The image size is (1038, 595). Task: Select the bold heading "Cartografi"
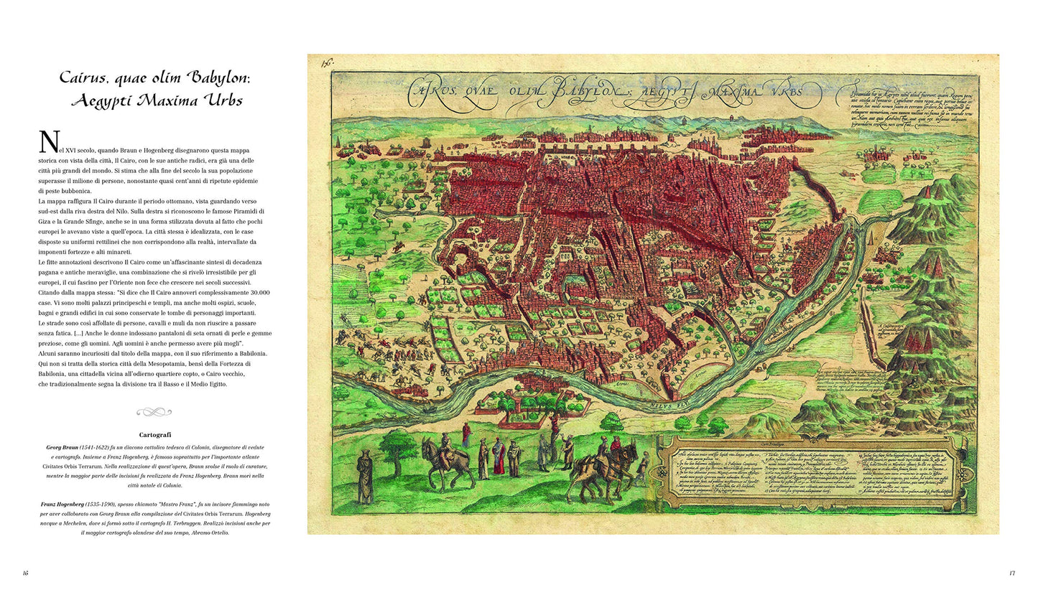[x=155, y=435]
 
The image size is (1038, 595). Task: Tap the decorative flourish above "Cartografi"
[x=154, y=412]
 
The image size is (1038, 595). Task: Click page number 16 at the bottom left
[x=26, y=573]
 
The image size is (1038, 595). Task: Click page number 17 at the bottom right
[x=1011, y=573]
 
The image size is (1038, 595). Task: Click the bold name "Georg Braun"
[x=57, y=447]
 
